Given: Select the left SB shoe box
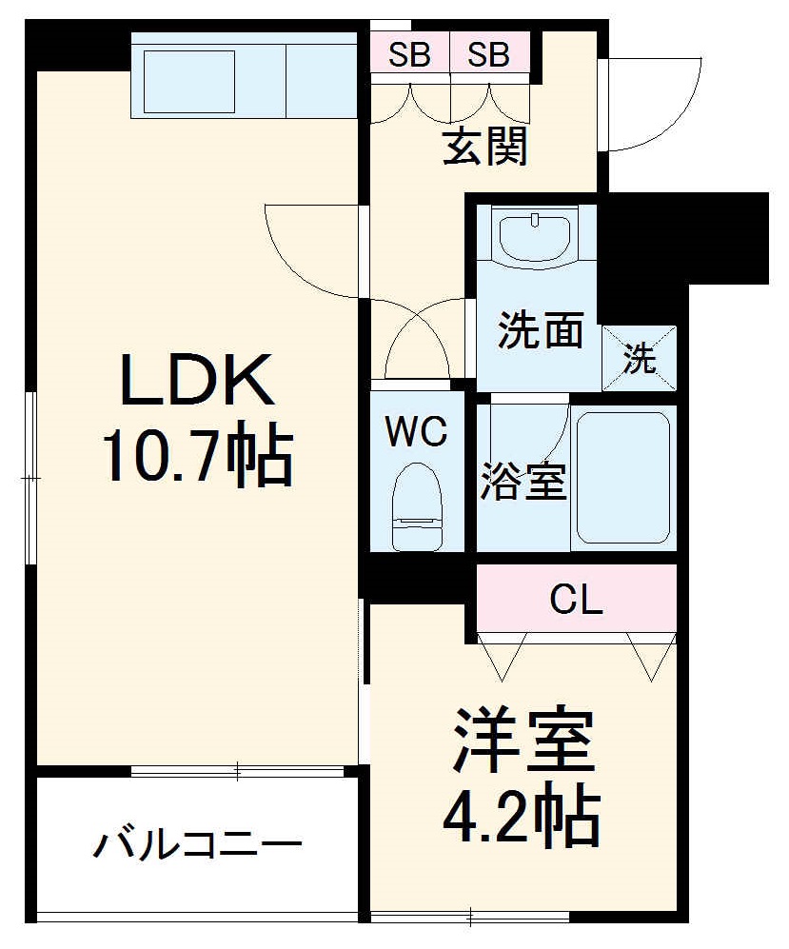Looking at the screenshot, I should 409,55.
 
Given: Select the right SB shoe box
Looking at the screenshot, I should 489,55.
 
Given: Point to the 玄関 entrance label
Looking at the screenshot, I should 485,148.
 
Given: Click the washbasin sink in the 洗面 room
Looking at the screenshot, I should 533,237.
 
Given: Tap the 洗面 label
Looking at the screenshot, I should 540,330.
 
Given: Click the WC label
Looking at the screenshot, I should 416,433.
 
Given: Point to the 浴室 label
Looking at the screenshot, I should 523,482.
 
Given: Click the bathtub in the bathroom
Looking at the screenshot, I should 622,479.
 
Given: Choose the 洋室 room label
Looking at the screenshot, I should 523,741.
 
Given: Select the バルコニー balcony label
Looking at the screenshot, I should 198,844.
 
